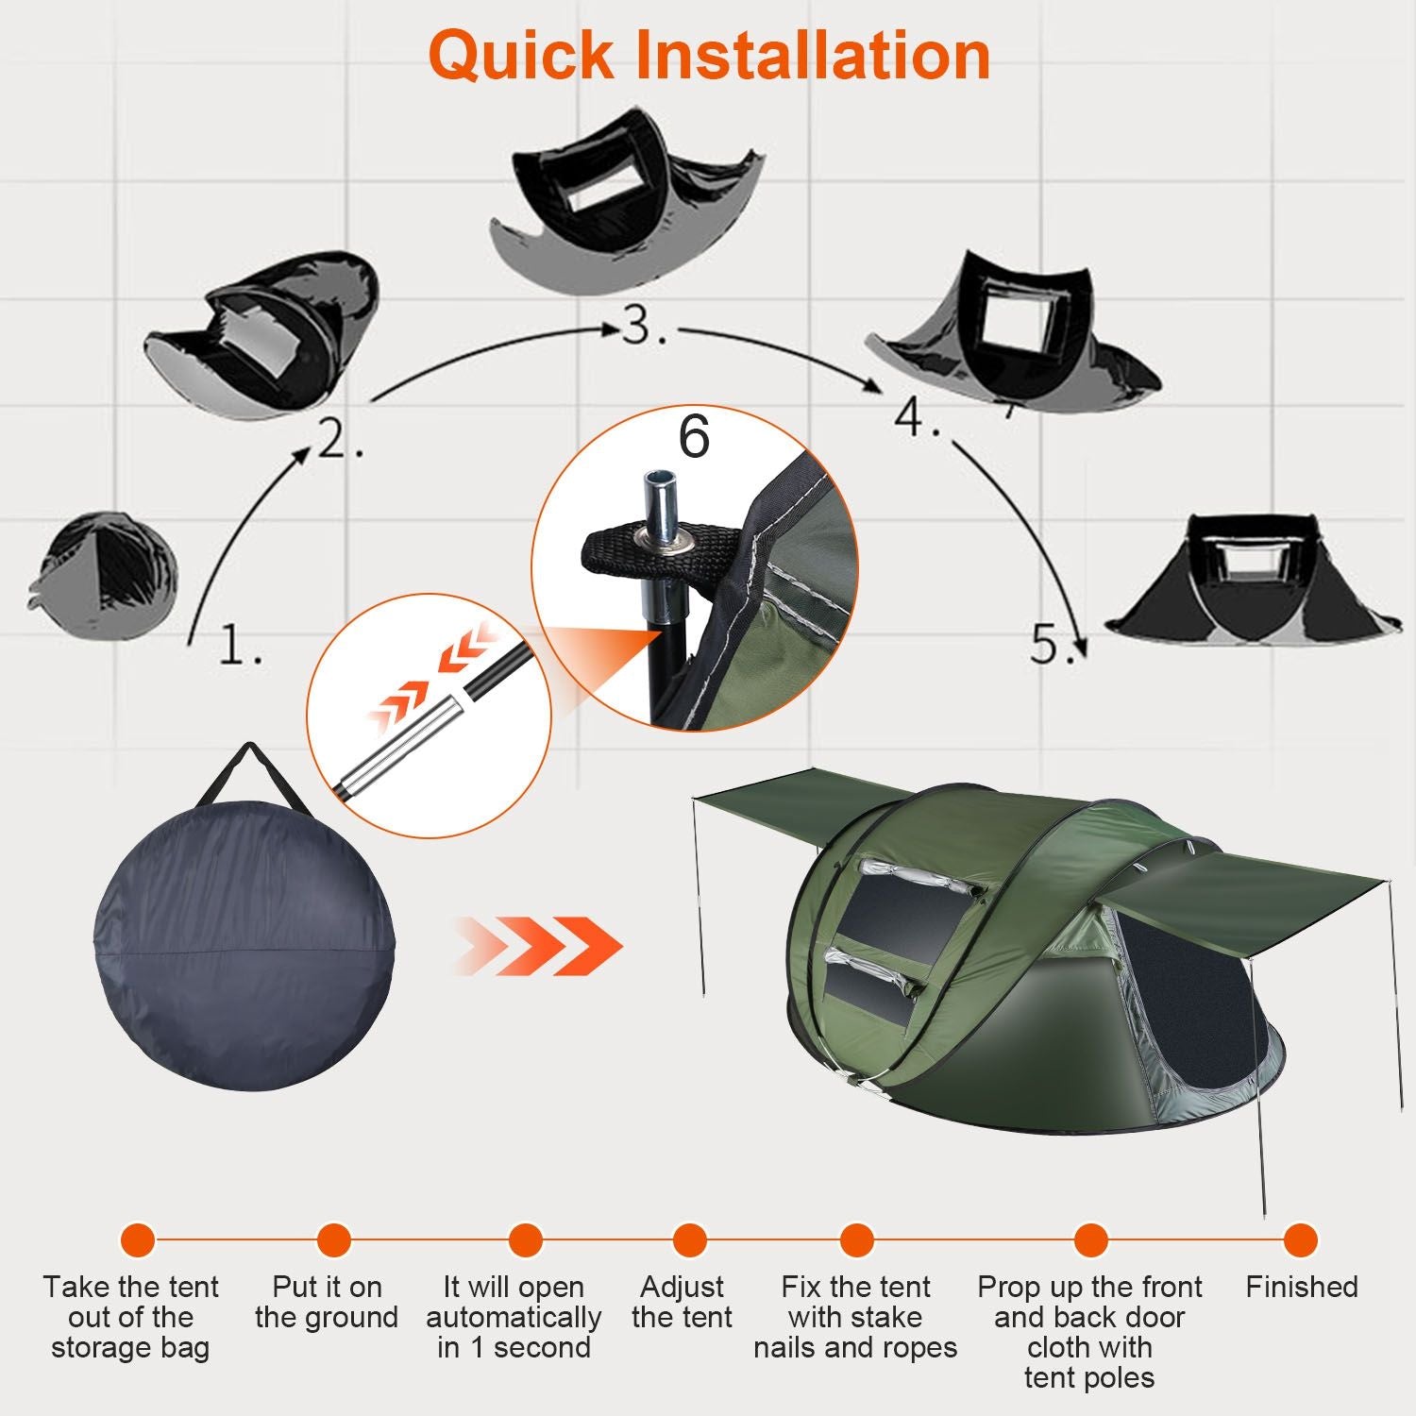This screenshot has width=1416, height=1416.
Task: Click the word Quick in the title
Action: pyautogui.click(x=522, y=57)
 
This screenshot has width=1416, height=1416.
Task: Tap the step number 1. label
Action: pyautogui.click(x=240, y=645)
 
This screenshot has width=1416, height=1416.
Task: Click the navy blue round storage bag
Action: pyautogui.click(x=245, y=944)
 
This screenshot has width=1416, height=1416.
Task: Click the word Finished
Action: pyautogui.click(x=1301, y=1287)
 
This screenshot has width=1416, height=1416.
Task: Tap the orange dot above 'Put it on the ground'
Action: pyautogui.click(x=333, y=1239)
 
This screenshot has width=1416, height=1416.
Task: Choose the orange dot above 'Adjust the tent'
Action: pyautogui.click(x=690, y=1239)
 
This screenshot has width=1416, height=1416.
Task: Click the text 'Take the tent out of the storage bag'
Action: pyautogui.click(x=130, y=1317)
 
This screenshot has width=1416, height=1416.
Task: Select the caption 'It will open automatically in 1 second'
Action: pyautogui.click(x=514, y=1317)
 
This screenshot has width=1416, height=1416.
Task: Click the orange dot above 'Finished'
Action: pyautogui.click(x=1301, y=1239)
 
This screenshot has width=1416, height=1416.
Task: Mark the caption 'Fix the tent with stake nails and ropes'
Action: pyautogui.click(x=855, y=1317)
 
